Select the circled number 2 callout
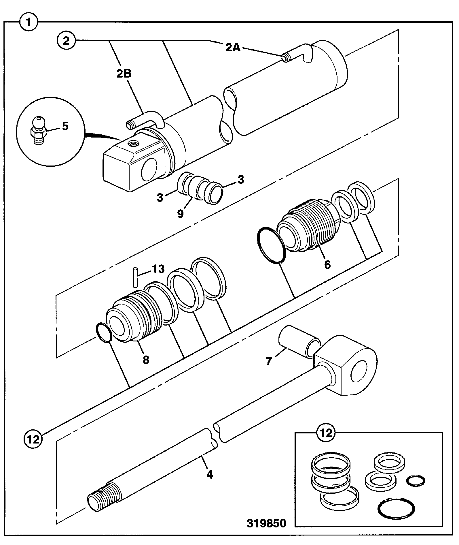(x=67, y=41)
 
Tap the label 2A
(x=233, y=47)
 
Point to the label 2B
(x=124, y=74)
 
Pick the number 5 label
(x=65, y=126)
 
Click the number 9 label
(x=180, y=213)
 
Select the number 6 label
(x=328, y=264)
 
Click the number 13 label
(x=158, y=269)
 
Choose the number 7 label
(x=269, y=361)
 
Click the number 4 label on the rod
(x=210, y=474)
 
